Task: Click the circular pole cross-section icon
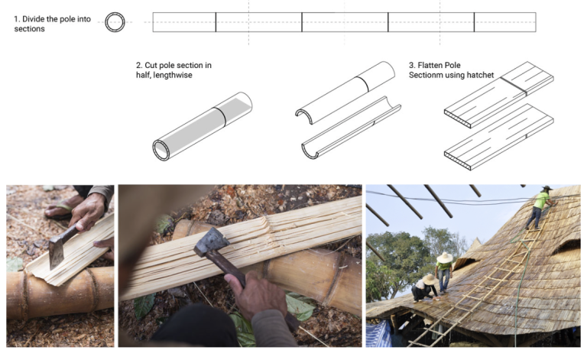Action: pyautogui.click(x=115, y=21)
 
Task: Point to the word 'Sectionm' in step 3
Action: pyautogui.click(x=429, y=75)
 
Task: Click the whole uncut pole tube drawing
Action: pyautogui.click(x=202, y=126)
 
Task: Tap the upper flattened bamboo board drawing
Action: pyautogui.click(x=498, y=94)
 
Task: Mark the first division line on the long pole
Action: pyautogui.click(x=216, y=22)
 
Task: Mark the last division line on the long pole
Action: pyautogui.click(x=474, y=22)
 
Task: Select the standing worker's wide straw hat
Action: pyautogui.click(x=444, y=258)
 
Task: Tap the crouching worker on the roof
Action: pyautogui.click(x=425, y=288)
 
